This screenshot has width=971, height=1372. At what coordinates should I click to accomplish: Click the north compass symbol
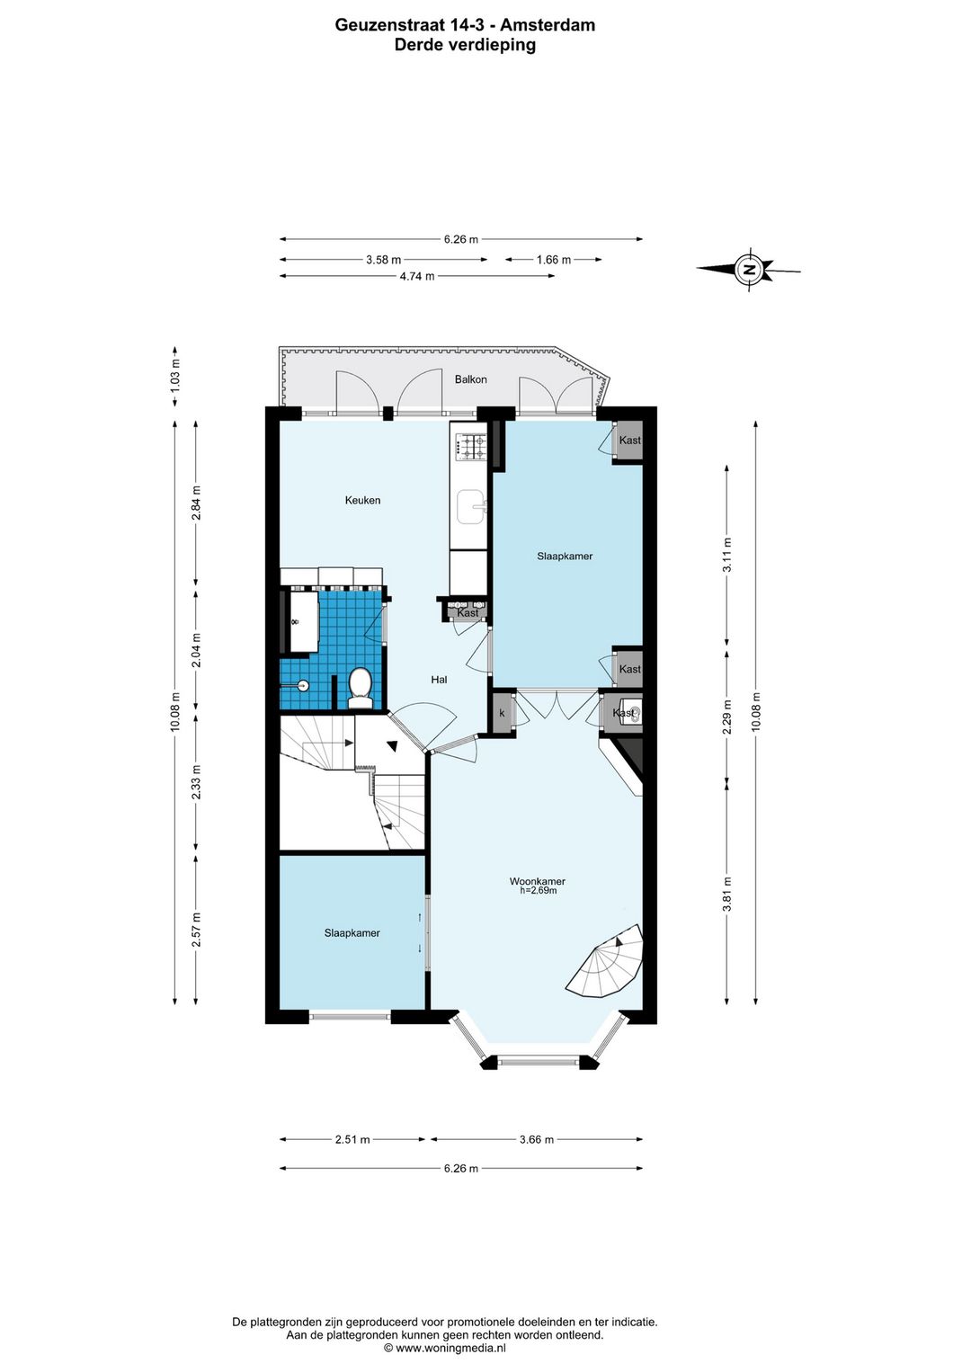click(749, 269)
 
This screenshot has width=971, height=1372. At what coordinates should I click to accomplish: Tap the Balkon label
click(470, 379)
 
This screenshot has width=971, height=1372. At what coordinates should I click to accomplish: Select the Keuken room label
click(362, 501)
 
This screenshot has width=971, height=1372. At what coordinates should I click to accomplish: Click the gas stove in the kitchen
click(470, 446)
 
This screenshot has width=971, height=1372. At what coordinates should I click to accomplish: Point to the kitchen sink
click(470, 506)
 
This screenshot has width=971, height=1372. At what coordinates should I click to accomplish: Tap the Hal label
click(439, 680)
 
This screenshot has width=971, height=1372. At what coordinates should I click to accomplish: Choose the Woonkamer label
click(538, 881)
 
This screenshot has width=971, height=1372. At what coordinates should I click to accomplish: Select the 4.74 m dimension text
click(417, 276)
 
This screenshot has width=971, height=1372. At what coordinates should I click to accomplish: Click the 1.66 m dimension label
click(553, 260)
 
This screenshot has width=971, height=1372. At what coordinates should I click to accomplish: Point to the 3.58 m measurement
click(384, 260)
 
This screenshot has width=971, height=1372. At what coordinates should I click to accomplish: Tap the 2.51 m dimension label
click(352, 1140)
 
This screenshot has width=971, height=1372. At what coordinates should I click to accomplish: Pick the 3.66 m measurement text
click(537, 1140)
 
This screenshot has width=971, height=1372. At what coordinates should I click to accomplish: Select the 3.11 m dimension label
click(727, 555)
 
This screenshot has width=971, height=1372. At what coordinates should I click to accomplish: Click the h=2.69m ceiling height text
click(539, 891)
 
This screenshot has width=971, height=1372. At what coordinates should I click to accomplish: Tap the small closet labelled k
click(503, 713)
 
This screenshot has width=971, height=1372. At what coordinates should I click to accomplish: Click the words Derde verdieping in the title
click(465, 45)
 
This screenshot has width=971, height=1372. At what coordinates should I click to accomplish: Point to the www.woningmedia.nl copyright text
click(445, 1348)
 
